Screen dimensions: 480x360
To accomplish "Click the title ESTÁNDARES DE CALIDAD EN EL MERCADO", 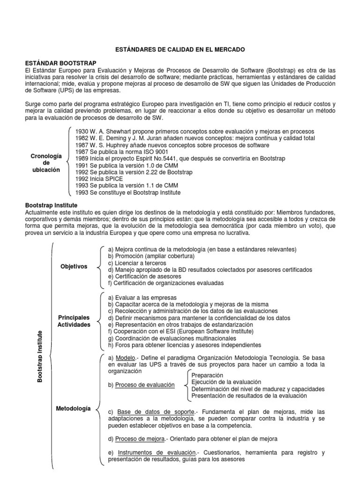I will (180, 49).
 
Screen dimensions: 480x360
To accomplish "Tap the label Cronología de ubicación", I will (45, 163).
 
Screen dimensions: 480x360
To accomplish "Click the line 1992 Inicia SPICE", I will (99, 179).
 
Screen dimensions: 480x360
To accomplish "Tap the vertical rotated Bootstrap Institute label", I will (40, 356).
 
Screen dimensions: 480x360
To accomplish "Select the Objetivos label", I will (74, 267).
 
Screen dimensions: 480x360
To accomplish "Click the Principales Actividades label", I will (74, 321).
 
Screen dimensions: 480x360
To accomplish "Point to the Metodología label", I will (74, 409).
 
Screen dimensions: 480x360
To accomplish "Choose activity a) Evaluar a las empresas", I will (142, 298).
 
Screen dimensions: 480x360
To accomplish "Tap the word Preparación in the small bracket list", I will (207, 375).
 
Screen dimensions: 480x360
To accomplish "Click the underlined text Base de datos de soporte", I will (156, 412).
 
